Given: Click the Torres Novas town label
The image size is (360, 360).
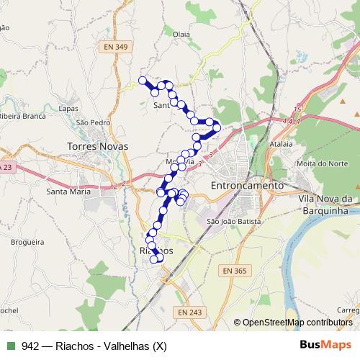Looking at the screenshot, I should tap(97, 146).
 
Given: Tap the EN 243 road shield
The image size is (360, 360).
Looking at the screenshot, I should tap(189, 312).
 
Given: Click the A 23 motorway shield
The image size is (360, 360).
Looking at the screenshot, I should tap(6, 167).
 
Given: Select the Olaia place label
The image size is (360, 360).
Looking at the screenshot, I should tap(181, 33).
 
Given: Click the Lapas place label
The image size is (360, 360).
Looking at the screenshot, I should tap(68, 108).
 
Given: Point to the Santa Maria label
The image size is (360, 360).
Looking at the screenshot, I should tap(68, 192).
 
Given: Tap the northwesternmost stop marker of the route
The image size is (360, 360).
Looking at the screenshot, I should tap(143, 81).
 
